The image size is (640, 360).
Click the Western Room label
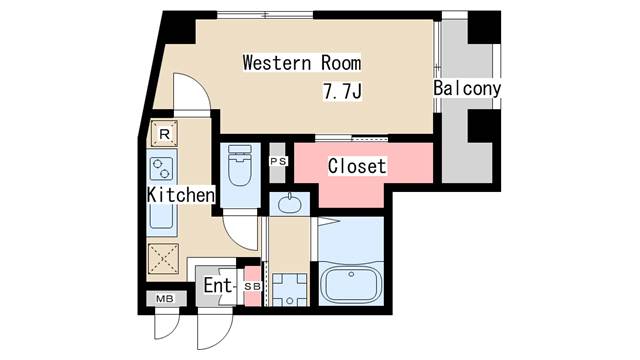tap(302, 63)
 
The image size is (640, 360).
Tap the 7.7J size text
tap(342, 91)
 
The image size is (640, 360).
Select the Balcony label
tap(467, 88)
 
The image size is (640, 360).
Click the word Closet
tap(357, 166)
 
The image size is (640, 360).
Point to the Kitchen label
tap(181, 195)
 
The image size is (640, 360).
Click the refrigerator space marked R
tap(164, 133)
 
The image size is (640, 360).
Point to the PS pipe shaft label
tap(278, 161)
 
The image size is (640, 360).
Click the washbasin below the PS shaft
tap(289, 204)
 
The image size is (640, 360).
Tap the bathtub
tap(351, 283)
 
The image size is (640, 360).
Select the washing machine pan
tap(289, 290)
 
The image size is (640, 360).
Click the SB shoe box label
tap(252, 287)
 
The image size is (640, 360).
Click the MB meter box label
tap(165, 299)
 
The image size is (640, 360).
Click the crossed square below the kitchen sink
tap(163, 259)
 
